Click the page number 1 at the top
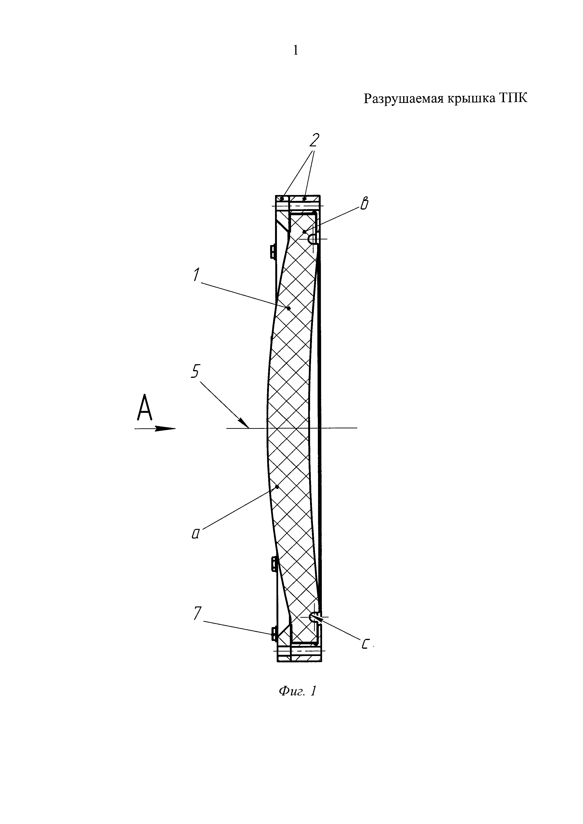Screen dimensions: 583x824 (x=295, y=51)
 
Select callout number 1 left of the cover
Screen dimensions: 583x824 (x=196, y=275)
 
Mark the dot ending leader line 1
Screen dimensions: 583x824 (x=289, y=308)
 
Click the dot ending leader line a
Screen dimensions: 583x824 (x=277, y=487)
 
